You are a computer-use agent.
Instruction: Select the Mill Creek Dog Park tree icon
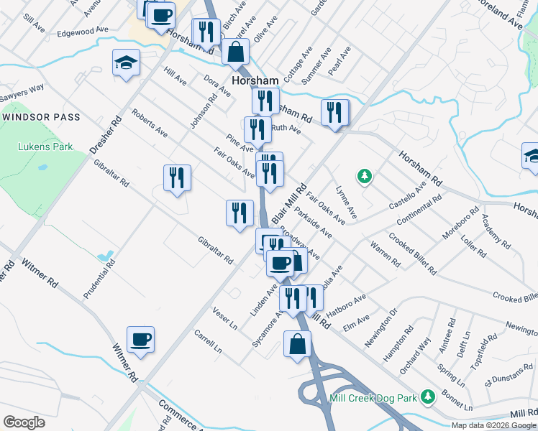pyautogui.click(x=429, y=397)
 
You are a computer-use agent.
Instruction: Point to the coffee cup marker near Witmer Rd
pyautogui.click(x=141, y=339)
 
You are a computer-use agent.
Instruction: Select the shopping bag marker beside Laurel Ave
pyautogui.click(x=235, y=51)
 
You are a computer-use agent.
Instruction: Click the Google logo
pyautogui.click(x=24, y=422)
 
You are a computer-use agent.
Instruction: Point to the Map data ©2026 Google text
pyautogui.click(x=493, y=425)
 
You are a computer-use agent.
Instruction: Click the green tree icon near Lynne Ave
pyautogui.click(x=365, y=175)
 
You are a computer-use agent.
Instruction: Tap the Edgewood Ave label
pyautogui.click(x=83, y=32)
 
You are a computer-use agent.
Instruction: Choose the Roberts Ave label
pyautogui.click(x=150, y=124)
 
